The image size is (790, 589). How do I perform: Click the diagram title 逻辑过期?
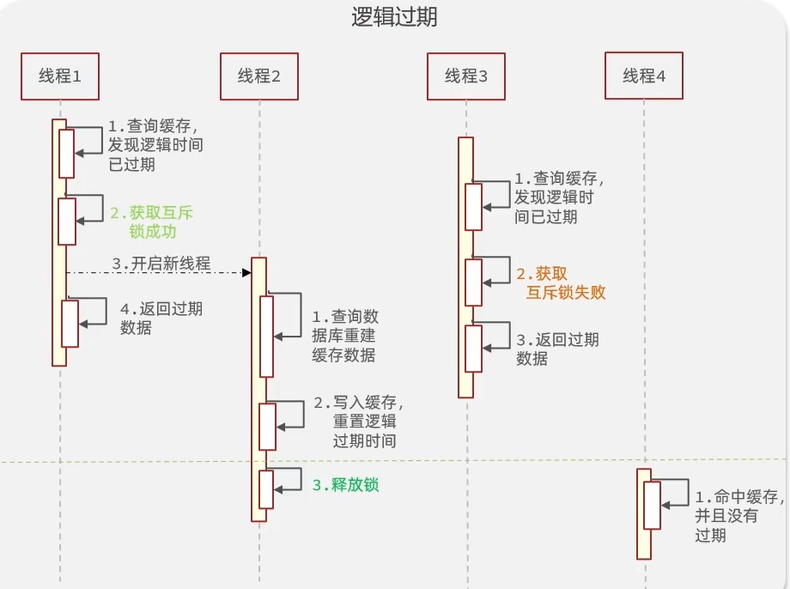tap(394, 17)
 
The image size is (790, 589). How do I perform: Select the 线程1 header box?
tap(60, 76)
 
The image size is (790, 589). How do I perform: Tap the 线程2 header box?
tap(259, 76)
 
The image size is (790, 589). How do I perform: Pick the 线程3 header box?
tap(466, 76)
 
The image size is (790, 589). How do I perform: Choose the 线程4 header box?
tap(644, 76)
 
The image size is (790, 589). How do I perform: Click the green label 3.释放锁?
tap(345, 485)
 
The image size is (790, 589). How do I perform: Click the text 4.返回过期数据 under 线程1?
tap(161, 318)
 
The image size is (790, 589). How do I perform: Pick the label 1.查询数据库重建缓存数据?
tap(343, 336)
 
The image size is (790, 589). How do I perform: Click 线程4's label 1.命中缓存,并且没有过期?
tap(738, 516)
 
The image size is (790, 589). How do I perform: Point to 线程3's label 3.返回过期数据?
tap(557, 349)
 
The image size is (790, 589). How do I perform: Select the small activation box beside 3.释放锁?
tap(266, 489)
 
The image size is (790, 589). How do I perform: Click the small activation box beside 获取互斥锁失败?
tap(474, 282)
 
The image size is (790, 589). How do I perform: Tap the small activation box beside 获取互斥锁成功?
tap(67, 221)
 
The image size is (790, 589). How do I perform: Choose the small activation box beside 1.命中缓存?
tap(653, 505)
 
